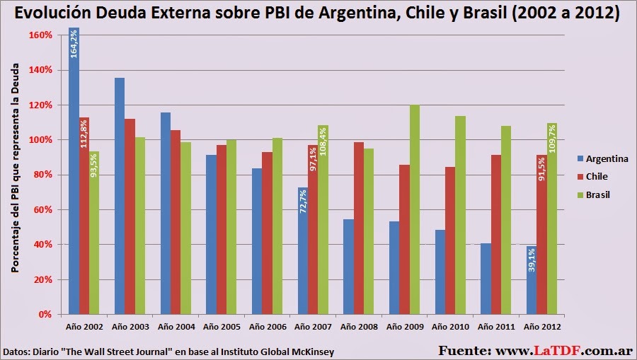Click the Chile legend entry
coord(592,176)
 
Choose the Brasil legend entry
coord(594,194)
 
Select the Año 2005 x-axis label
coord(222,327)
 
